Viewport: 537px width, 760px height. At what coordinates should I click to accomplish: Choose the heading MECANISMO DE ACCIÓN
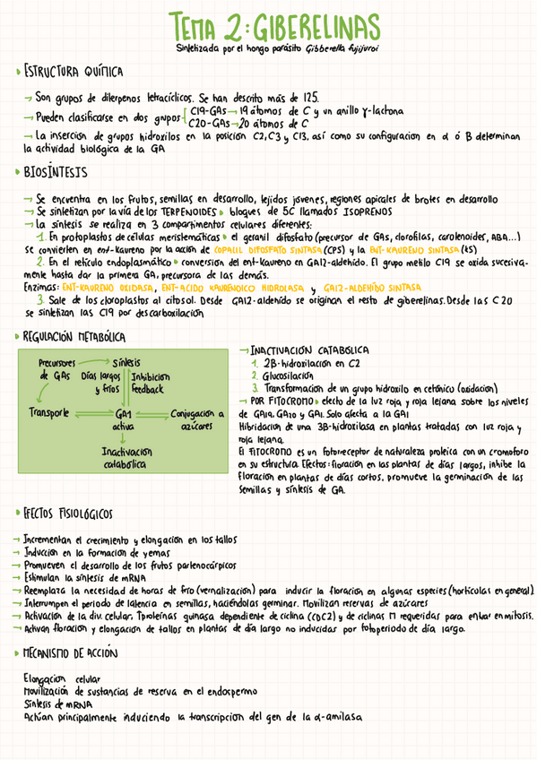click(76, 653)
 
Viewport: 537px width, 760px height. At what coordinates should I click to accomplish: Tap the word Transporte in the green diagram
click(49, 413)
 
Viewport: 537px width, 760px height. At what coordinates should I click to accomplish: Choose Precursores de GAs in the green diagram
click(56, 367)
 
